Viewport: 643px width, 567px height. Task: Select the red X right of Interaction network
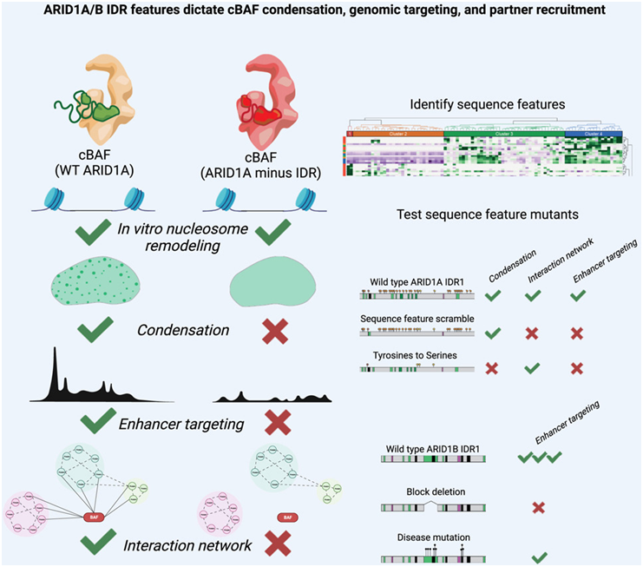[x=277, y=544]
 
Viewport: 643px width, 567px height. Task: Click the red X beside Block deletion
[x=537, y=507]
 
